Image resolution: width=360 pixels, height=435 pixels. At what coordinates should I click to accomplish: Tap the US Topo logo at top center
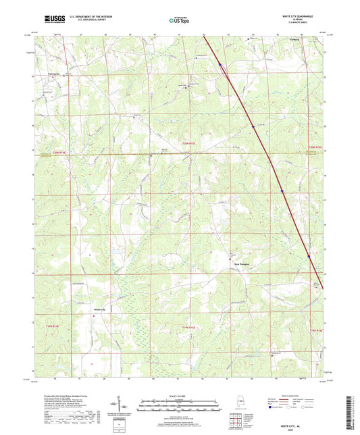coord(180,20)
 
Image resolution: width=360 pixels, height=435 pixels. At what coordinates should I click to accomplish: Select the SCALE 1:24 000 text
coord(180,395)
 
